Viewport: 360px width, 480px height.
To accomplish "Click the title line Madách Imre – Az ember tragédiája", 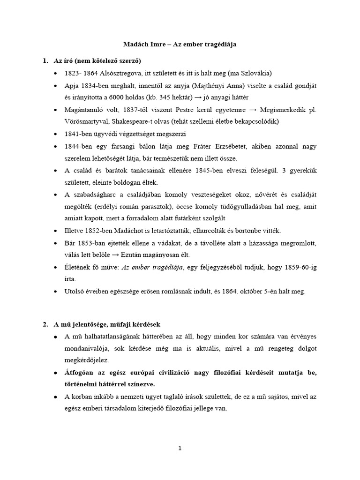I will [x=180, y=44].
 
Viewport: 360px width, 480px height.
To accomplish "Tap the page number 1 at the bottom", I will [x=180, y=448].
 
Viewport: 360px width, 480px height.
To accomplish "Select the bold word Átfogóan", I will [x=80, y=372].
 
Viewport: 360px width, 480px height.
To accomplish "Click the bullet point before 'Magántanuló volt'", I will [x=56, y=110].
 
